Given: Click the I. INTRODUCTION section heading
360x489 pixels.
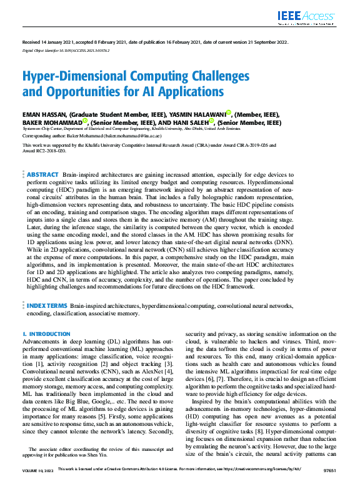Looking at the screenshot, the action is coord(46,335).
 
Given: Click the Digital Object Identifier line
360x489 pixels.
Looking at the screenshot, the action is coord(66,51).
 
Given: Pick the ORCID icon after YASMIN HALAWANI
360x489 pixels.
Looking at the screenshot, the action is coord(229,113).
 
